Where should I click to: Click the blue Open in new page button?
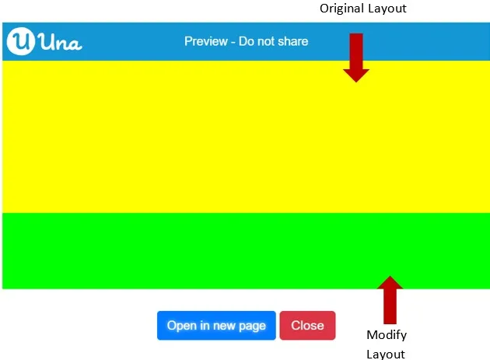tap(216, 325)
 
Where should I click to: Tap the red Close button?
tap(307, 325)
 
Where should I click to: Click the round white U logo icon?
tap(21, 41)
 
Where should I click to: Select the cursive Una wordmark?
tap(61, 42)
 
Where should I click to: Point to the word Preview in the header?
tap(206, 41)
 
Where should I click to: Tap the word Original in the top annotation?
tap(341, 9)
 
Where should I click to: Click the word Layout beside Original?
tap(387, 9)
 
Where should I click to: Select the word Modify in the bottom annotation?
tap(387, 335)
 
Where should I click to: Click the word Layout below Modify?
tap(386, 354)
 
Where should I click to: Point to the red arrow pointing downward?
tap(356, 58)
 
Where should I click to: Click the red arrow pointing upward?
tap(390, 300)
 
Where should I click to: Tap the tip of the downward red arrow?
tap(356, 82)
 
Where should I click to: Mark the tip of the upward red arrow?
tap(390, 276)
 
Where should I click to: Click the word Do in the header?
tap(245, 41)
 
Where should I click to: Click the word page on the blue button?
tap(253, 327)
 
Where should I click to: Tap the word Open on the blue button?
tap(182, 326)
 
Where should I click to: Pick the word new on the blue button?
tap(224, 326)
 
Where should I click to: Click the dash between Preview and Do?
tap(233, 42)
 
